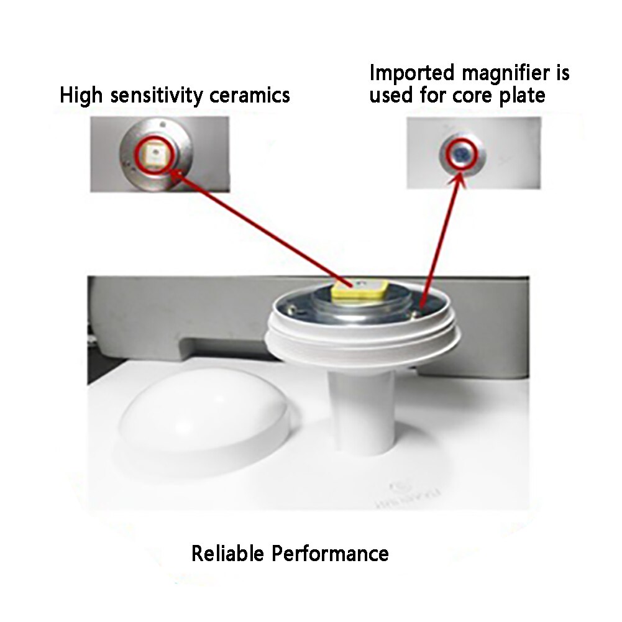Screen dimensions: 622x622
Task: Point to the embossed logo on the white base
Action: click(x=398, y=488)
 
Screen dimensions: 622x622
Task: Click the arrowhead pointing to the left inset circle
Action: click(x=177, y=174)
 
